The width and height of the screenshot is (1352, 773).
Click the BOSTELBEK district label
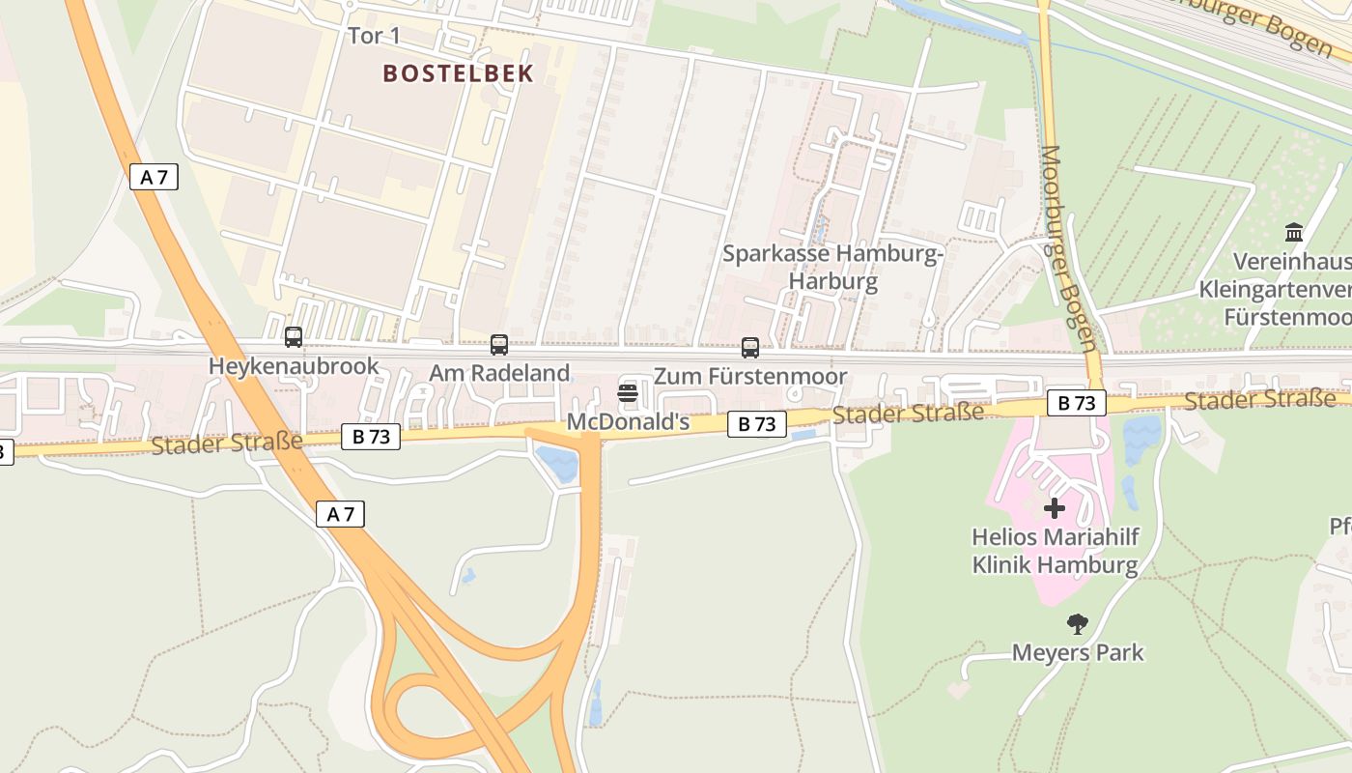coord(458,73)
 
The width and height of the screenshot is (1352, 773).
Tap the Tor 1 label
coord(374,37)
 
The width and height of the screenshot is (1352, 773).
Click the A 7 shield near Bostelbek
coord(154,177)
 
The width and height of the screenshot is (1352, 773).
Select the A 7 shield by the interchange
coord(341,514)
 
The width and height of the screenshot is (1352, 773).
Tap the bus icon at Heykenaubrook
coord(294,337)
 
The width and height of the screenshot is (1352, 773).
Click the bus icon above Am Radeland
coord(499,344)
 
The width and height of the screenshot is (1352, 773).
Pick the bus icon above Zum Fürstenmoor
coord(750,348)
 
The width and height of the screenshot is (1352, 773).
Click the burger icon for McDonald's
coord(628,393)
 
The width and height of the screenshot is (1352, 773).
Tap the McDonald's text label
coord(628,422)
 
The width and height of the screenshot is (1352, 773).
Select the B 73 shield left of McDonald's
coord(371,437)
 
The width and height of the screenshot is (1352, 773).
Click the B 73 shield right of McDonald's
coord(757,423)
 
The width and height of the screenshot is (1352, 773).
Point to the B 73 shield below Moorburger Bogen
coord(1076,403)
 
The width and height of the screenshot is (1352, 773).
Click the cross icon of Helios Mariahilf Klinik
coord(1055,507)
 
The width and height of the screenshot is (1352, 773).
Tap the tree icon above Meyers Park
coord(1078,624)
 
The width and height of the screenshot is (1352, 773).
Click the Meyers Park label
coord(1078,653)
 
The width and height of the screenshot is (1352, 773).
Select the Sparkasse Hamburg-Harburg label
coord(832,268)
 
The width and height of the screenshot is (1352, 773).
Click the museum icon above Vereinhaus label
coord(1294,232)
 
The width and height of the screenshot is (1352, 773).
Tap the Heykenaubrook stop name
coord(294,367)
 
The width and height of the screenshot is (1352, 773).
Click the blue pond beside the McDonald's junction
coord(559,464)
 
